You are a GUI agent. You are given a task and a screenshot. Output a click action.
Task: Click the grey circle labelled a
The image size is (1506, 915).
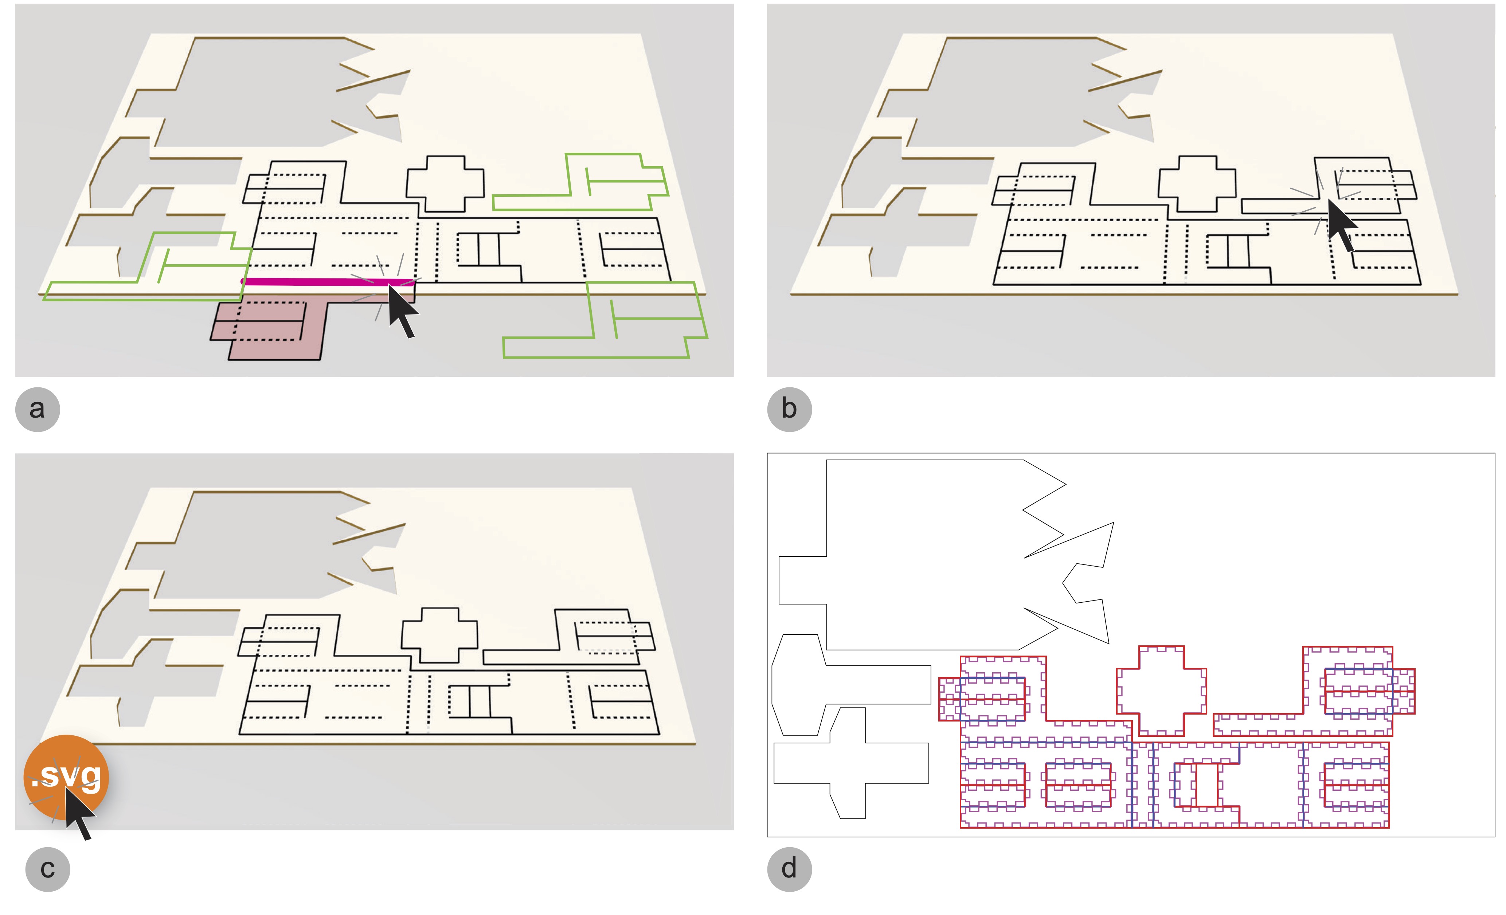coord(37,409)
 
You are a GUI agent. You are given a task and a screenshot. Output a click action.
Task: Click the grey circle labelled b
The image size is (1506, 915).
coord(789,409)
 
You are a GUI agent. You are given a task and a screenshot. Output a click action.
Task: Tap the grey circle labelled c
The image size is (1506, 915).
coord(48,869)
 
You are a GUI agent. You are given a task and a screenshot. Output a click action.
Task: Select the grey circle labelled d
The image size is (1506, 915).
coord(789,869)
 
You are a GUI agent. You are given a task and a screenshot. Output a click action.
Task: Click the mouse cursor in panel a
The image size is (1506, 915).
coord(401,310)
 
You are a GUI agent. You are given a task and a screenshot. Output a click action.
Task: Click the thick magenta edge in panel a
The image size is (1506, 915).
coord(318,282)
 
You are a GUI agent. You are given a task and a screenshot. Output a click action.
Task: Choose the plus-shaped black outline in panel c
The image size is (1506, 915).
coord(439,636)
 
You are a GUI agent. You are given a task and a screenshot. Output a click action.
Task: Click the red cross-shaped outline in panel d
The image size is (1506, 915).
coord(1161,690)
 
